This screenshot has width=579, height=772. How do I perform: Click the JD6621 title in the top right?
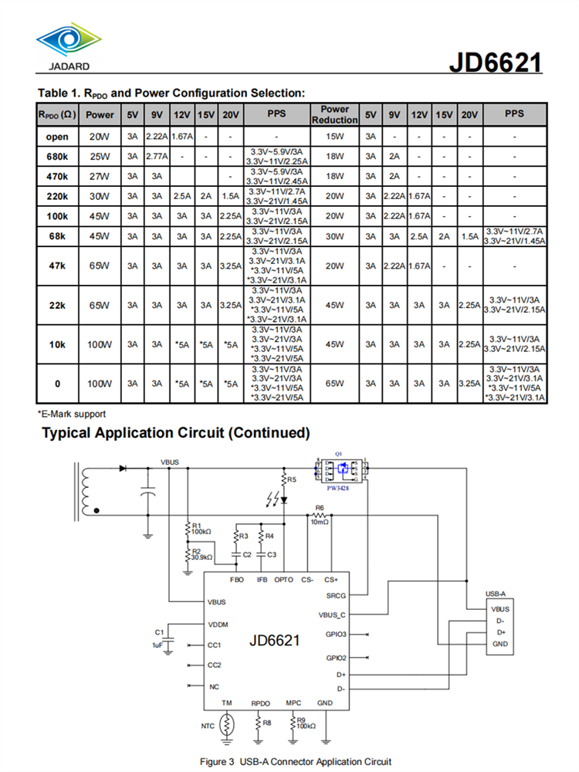pos(495,62)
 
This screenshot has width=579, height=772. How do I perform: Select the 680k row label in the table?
pos(57,156)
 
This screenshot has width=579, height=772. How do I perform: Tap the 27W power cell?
pos(100,175)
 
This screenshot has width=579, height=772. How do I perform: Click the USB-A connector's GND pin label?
pos(499,644)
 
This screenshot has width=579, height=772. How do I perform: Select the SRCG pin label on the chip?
pos(336,595)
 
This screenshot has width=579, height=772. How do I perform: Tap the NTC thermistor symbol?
pos(227,724)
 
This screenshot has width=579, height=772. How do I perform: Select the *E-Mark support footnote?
pos(72,415)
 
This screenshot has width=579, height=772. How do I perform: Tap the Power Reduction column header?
pos(334,114)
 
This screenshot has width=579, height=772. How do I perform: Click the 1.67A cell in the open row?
pos(181,137)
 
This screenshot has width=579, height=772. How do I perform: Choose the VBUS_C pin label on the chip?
pos(333,615)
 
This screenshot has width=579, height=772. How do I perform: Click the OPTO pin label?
pos(284,579)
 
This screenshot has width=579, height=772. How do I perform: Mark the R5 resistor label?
pos(290,479)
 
